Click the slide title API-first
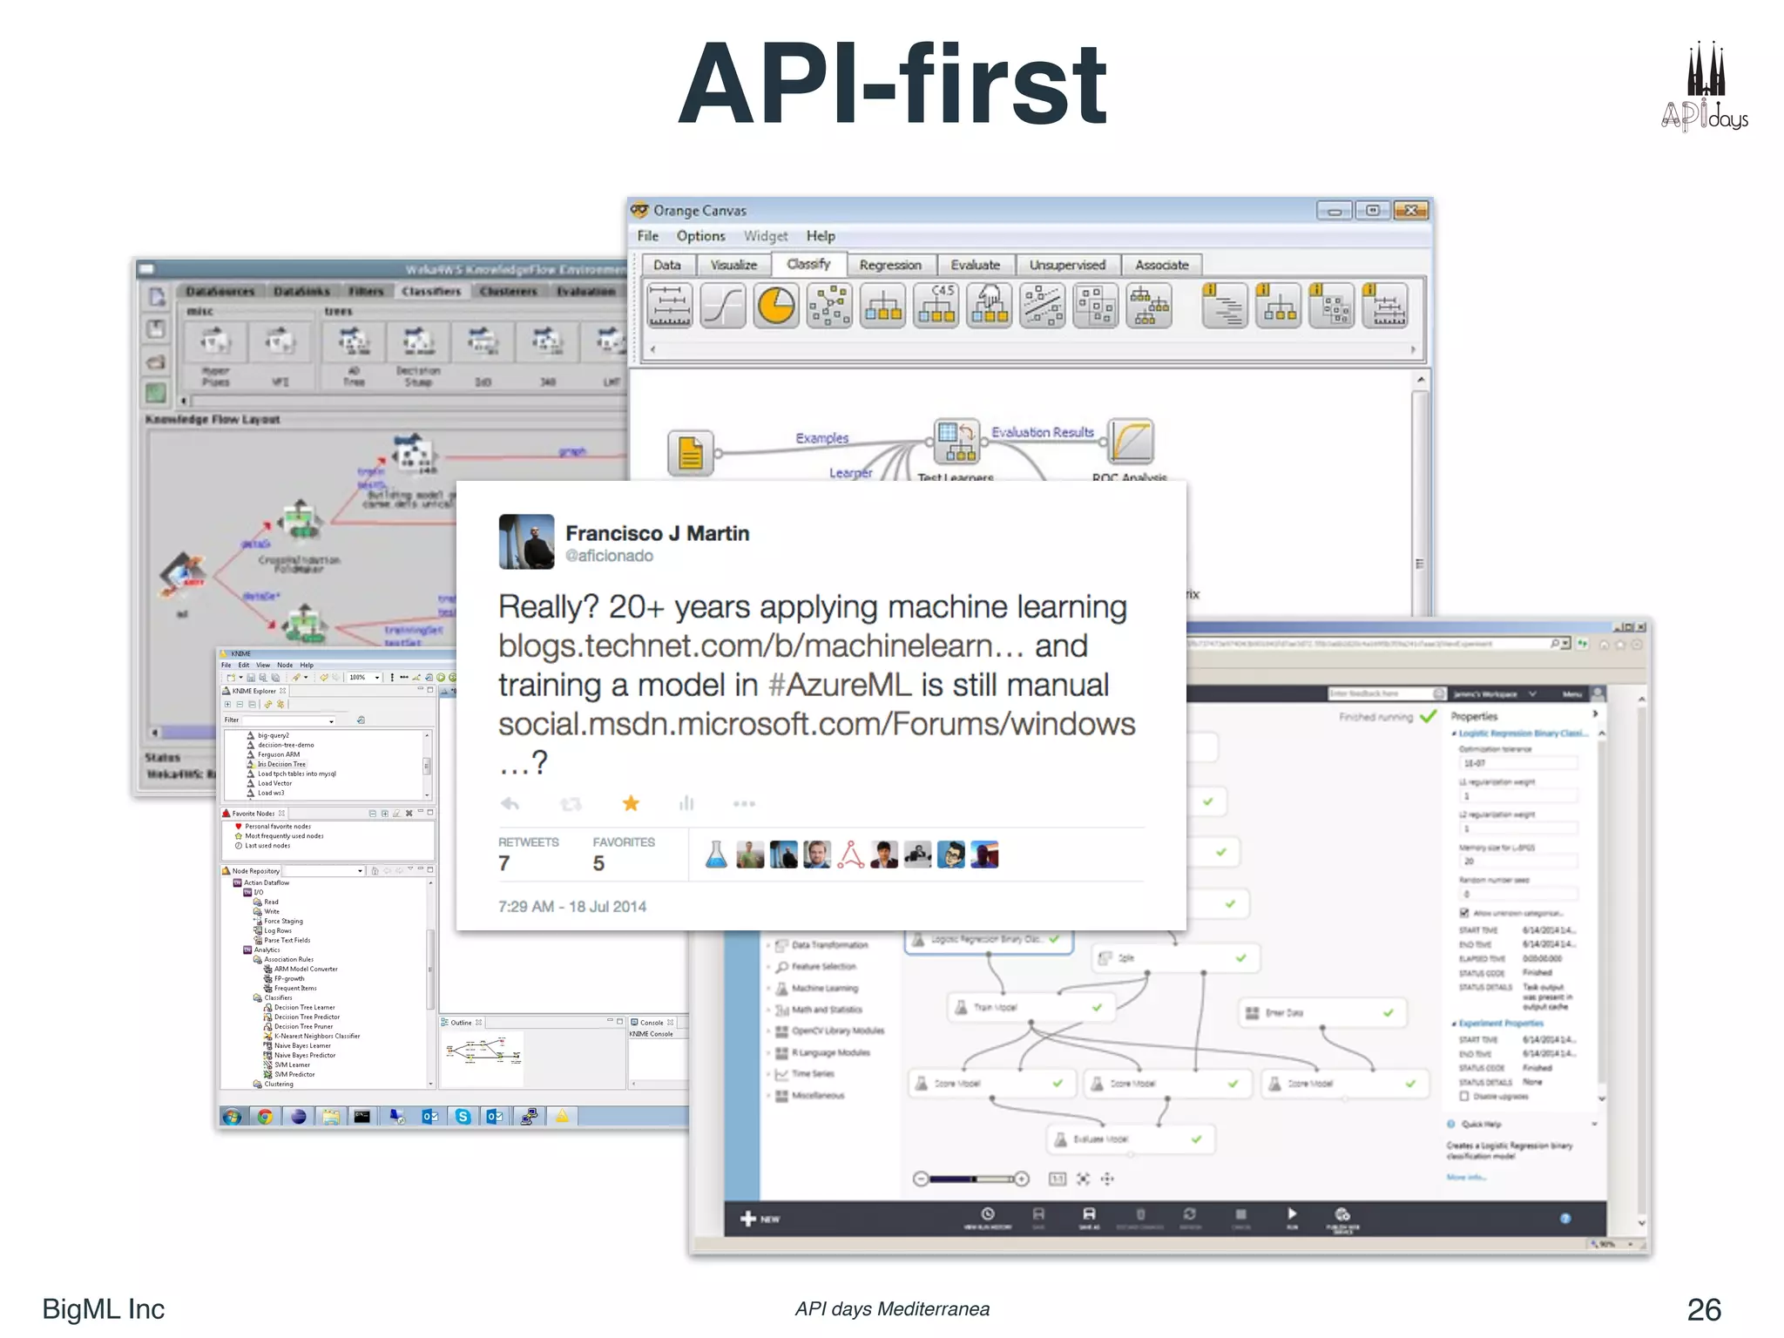coord(892,85)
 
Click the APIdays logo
coord(1704,87)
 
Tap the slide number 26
coord(1703,1309)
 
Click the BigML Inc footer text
coord(104,1309)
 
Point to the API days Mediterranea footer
coord(892,1309)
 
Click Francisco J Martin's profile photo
coord(526,542)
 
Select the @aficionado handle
coord(609,556)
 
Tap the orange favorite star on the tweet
coord(631,803)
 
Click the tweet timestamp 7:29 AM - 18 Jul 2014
coord(572,907)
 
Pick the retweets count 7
coord(504,863)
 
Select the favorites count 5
coord(598,863)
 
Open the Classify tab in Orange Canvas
coord(808,264)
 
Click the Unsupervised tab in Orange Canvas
coord(1067,265)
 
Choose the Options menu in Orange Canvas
coord(700,236)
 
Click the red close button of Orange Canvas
coord(1410,211)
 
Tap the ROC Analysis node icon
coord(1131,442)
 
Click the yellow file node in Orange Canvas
coord(691,453)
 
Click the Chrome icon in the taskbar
coord(265,1117)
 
